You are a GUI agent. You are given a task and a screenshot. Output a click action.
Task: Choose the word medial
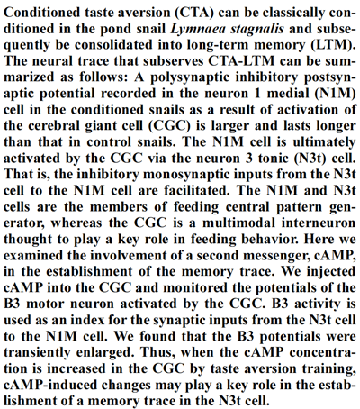289,94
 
